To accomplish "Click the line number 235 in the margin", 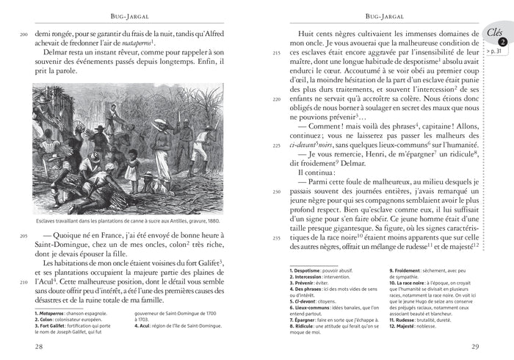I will click(276, 238).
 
